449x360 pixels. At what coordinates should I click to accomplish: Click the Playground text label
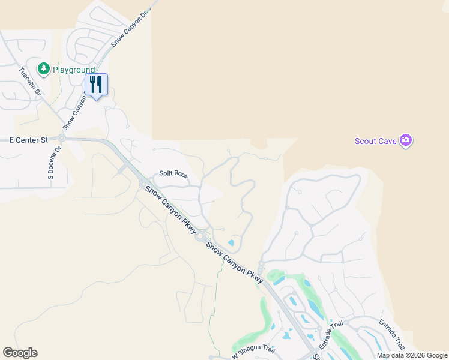74,70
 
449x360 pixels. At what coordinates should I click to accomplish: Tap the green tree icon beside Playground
44,70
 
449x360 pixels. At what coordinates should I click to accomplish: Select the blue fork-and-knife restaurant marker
96,85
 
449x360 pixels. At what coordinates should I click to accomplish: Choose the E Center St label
28,140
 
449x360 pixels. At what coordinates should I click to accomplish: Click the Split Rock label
173,174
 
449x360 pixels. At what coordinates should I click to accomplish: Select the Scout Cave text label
376,141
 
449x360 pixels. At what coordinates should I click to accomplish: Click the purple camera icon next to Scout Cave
406,140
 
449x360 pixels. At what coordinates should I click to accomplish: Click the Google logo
20,353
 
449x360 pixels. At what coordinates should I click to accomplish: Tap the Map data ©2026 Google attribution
412,355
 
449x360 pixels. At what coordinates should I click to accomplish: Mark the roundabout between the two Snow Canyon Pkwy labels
200,237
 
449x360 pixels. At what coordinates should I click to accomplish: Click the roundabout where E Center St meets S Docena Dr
61,137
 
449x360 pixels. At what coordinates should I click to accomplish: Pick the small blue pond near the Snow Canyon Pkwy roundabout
231,243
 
